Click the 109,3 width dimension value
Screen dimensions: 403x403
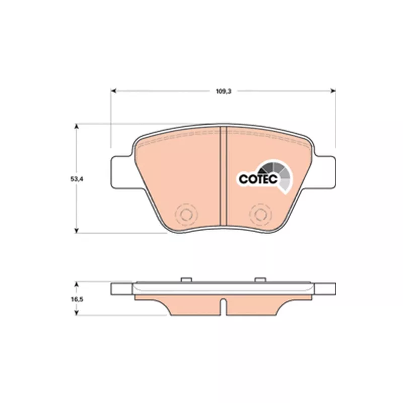click(x=223, y=91)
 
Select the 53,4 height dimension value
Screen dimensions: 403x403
click(x=77, y=179)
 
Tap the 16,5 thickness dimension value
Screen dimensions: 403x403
click(x=77, y=299)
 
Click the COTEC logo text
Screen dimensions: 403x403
click(x=258, y=179)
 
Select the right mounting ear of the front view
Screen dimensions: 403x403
click(x=324, y=172)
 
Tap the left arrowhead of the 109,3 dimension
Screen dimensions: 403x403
click(x=114, y=91)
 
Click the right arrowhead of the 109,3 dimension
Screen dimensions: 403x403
click(x=333, y=91)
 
